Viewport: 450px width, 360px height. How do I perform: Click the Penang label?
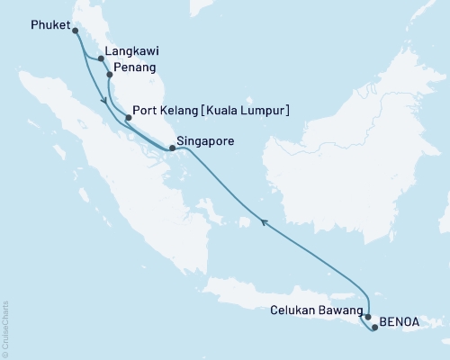[135, 67]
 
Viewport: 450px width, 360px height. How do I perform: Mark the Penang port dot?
[110, 75]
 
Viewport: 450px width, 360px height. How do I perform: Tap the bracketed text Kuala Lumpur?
[244, 112]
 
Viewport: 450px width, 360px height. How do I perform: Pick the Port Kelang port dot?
[130, 116]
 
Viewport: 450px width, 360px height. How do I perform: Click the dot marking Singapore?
[173, 148]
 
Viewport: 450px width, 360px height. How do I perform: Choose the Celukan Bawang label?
[315, 310]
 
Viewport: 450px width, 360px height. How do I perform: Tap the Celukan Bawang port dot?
[369, 318]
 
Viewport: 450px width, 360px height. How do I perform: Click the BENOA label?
[399, 319]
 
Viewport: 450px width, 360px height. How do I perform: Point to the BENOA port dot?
[375, 328]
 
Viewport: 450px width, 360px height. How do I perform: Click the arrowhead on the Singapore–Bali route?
[264, 220]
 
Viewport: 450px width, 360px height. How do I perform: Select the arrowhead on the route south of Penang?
[106, 100]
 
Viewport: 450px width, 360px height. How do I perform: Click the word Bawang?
[338, 310]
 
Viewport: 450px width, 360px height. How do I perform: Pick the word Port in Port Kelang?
[144, 112]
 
